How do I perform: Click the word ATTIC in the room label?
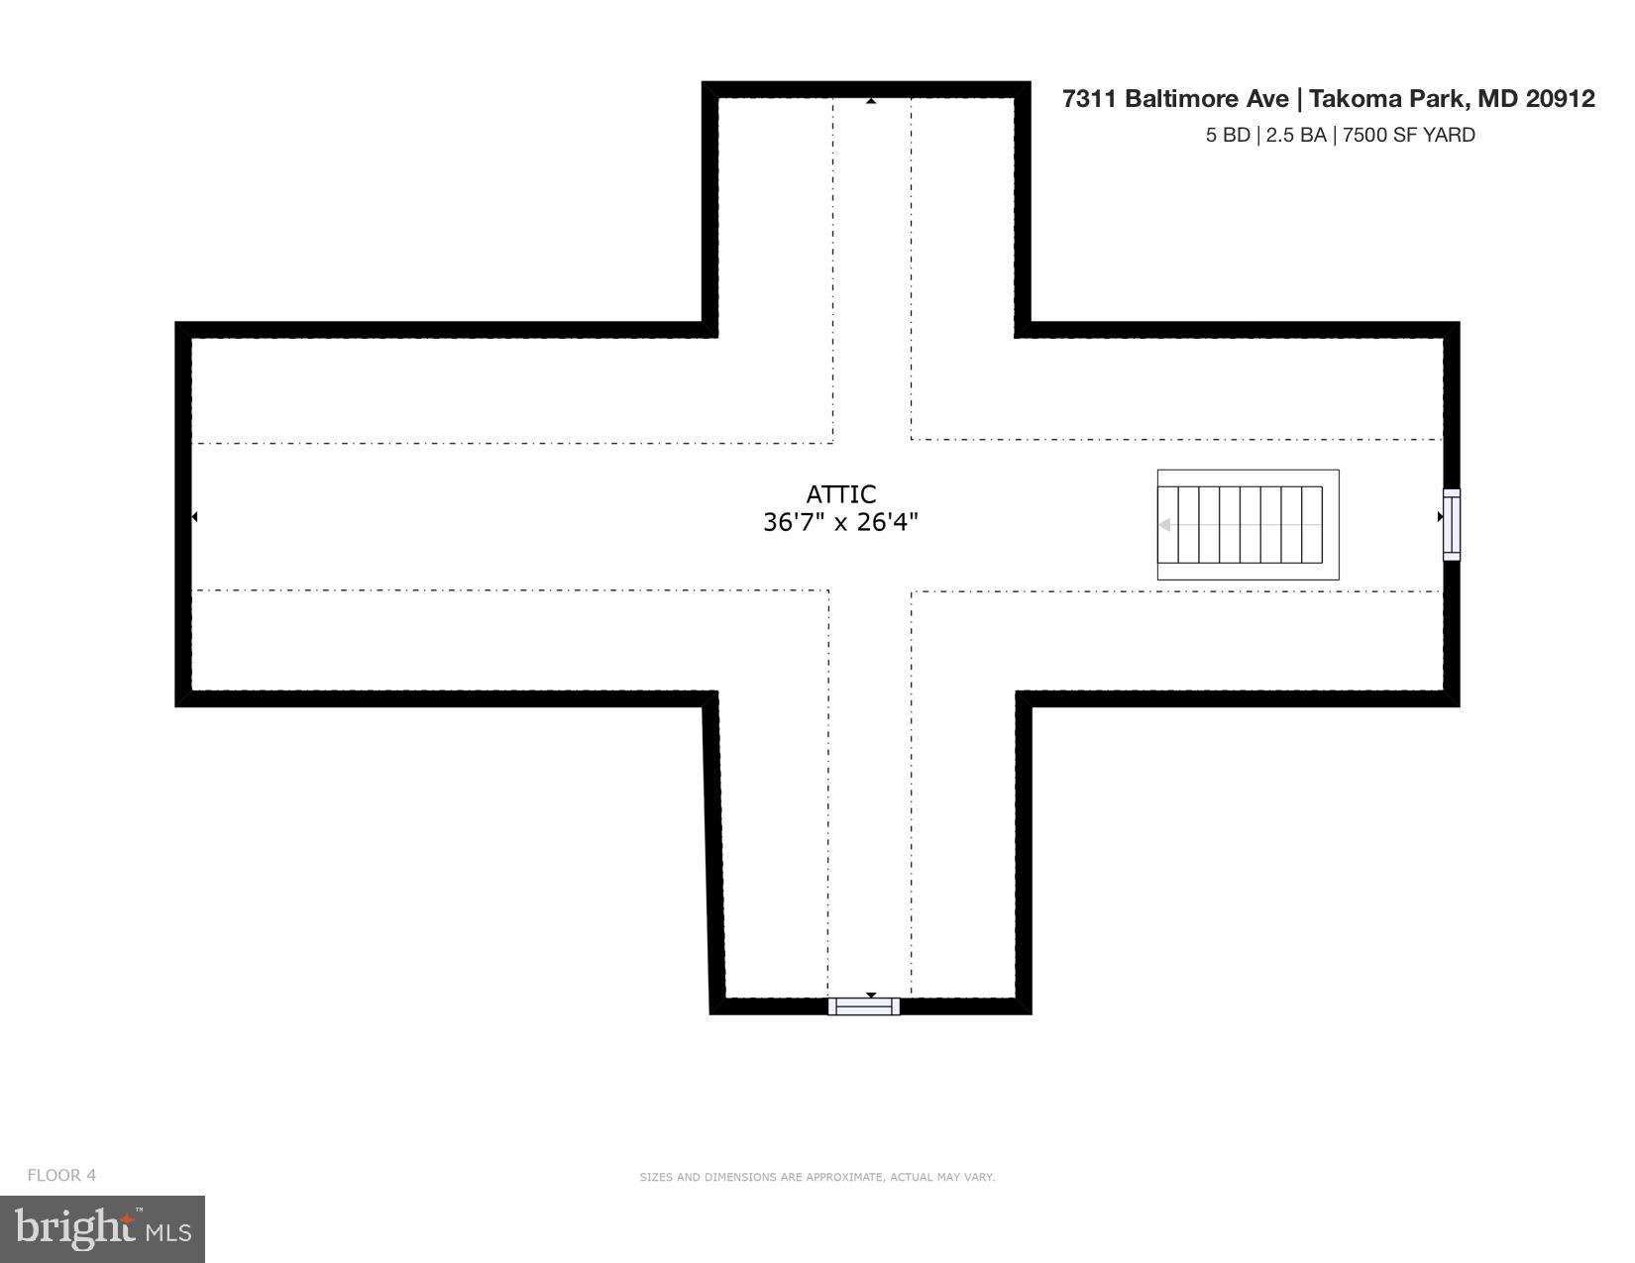[840, 494]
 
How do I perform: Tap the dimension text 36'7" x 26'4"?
[840, 522]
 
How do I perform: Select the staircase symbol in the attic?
[1248, 525]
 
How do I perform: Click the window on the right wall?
[1451, 525]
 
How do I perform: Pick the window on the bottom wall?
[864, 1006]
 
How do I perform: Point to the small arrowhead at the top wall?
[871, 101]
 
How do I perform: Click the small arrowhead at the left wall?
[195, 517]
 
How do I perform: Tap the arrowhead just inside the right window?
[1440, 517]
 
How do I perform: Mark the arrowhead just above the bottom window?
[871, 995]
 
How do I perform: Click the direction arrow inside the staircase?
[1166, 525]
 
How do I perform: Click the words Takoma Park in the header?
[1385, 99]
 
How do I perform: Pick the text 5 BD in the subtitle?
[1227, 136]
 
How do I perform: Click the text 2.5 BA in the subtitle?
[1296, 136]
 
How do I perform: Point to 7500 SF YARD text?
[1408, 136]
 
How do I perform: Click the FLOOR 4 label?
[61, 1176]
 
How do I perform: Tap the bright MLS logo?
[103, 1229]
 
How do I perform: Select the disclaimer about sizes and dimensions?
[817, 1178]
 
